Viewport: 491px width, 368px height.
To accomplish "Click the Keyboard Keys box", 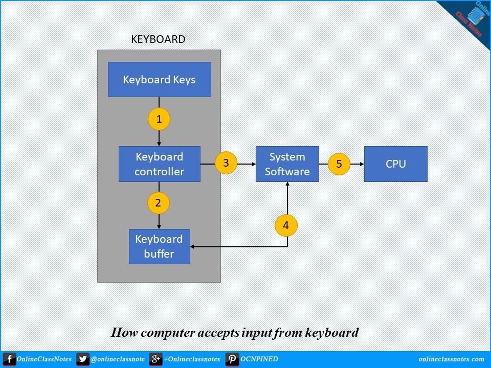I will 159,80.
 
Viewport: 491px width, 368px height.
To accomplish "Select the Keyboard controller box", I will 159,164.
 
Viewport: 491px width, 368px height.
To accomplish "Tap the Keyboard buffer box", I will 159,246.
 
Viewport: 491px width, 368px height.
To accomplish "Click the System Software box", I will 287,164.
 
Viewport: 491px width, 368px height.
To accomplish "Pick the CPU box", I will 395,164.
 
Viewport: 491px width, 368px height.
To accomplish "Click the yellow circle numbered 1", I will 159,119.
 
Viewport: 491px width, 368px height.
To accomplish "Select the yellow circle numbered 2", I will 158,203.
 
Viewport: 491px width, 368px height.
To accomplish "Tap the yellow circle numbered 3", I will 226,163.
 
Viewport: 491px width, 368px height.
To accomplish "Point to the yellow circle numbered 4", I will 286,225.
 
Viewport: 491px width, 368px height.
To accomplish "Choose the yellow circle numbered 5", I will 339,164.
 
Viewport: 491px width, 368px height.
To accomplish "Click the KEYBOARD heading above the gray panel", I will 159,39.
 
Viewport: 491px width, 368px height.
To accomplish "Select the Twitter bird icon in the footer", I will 83,359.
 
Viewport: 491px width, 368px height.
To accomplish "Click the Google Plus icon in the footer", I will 155,359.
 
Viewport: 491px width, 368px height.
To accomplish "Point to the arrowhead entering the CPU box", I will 361,164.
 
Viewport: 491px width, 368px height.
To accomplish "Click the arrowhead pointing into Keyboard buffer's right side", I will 193,246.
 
